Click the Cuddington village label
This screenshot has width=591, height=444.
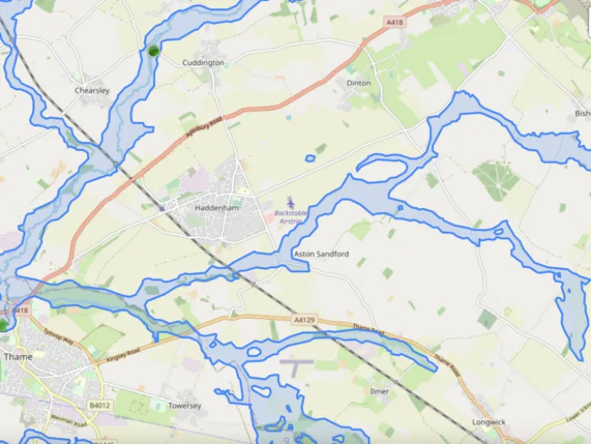(203, 62)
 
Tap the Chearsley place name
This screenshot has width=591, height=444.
(92, 90)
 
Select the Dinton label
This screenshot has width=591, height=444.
(359, 83)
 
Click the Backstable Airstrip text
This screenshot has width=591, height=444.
(293, 217)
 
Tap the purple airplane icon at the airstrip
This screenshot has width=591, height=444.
(291, 201)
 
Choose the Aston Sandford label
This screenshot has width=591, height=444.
(321, 254)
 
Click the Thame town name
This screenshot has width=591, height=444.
(18, 357)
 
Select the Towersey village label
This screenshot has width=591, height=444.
(185, 405)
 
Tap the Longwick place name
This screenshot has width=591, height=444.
(489, 422)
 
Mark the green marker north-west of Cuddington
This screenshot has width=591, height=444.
(153, 51)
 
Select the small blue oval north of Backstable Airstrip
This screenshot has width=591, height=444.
(309, 158)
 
